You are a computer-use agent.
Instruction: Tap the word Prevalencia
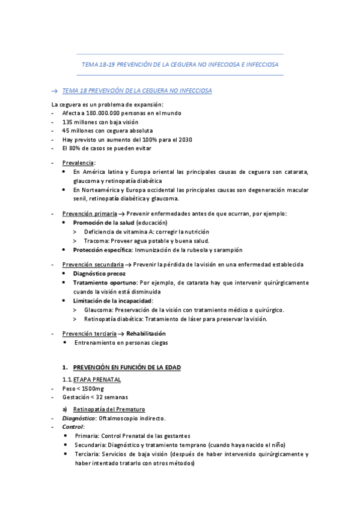click(x=78, y=162)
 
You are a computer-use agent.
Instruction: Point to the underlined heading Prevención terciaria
click(x=90, y=333)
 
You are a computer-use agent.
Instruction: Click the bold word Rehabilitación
click(x=146, y=333)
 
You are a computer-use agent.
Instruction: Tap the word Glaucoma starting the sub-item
click(x=97, y=310)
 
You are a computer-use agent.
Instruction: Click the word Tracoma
click(x=97, y=240)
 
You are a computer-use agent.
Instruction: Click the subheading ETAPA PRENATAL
click(x=97, y=379)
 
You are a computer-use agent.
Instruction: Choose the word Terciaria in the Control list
click(x=88, y=454)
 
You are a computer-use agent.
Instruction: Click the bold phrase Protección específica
click(x=102, y=249)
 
